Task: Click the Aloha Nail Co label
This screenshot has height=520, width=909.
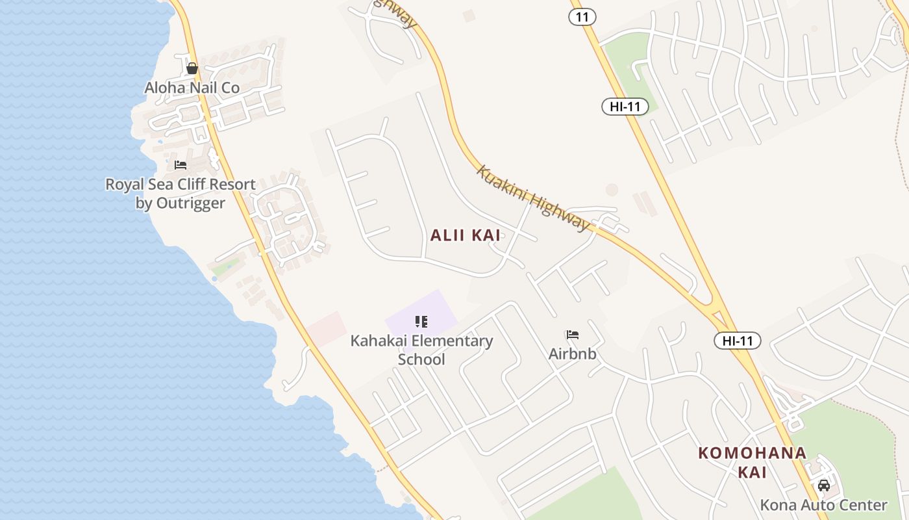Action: (x=192, y=88)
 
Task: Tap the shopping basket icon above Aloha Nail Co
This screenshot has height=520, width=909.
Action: (x=192, y=68)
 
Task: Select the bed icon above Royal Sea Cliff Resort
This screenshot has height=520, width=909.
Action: (x=181, y=165)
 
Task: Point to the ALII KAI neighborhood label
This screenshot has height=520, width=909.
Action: (x=466, y=235)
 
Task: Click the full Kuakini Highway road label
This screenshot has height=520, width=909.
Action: (x=532, y=198)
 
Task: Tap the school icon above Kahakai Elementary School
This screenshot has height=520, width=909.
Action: (x=421, y=321)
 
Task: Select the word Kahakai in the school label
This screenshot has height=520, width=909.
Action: (x=379, y=341)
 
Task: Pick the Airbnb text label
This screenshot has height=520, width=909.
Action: (x=572, y=354)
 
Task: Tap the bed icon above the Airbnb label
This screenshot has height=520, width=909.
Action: (x=572, y=335)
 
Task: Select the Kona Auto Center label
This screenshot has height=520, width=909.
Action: (x=823, y=505)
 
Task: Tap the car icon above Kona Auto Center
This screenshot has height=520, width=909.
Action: (x=824, y=486)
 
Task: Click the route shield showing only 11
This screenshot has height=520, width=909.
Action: (x=582, y=17)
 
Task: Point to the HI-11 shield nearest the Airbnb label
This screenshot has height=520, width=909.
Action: (x=737, y=340)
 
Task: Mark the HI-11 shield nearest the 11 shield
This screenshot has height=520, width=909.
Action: (x=625, y=107)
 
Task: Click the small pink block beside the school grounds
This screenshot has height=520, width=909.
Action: (x=327, y=328)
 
